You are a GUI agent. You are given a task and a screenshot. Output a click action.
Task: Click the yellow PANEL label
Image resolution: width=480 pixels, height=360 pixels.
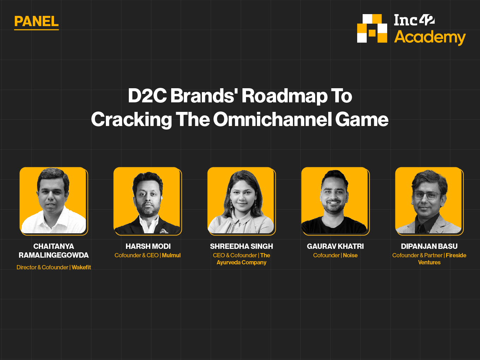click(x=36, y=22)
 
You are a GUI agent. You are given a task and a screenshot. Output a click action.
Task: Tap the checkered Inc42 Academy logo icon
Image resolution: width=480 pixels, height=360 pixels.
click(x=372, y=29)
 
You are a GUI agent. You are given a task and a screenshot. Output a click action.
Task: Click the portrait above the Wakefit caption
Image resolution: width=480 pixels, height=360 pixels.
click(x=54, y=201)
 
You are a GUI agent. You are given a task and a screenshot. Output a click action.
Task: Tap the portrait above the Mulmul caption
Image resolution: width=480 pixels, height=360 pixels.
click(x=148, y=201)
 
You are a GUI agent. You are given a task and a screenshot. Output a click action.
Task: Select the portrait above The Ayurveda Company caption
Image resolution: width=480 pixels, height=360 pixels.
click(x=241, y=201)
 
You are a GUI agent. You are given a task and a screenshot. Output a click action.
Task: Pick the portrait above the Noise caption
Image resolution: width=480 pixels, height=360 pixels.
click(x=335, y=201)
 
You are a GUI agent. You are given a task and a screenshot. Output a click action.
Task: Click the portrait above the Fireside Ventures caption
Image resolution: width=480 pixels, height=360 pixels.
click(x=429, y=201)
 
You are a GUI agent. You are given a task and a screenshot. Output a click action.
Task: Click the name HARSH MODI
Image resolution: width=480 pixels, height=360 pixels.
click(x=148, y=246)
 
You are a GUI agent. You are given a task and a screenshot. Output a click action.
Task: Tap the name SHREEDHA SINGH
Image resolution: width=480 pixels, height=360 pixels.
click(x=241, y=246)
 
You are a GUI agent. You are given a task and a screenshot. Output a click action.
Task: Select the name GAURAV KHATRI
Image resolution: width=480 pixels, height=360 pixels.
click(x=335, y=246)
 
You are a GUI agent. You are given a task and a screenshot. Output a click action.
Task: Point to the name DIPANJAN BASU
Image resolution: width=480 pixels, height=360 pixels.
click(x=429, y=246)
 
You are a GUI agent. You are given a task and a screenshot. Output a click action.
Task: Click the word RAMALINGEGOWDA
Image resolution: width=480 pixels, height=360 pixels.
click(x=54, y=255)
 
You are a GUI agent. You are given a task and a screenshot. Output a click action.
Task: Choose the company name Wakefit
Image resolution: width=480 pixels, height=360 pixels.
click(x=81, y=267)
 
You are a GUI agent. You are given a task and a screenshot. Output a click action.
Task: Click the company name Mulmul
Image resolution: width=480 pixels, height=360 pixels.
click(x=171, y=255)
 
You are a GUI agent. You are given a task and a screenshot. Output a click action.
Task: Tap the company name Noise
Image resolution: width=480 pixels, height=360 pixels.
click(x=350, y=255)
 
